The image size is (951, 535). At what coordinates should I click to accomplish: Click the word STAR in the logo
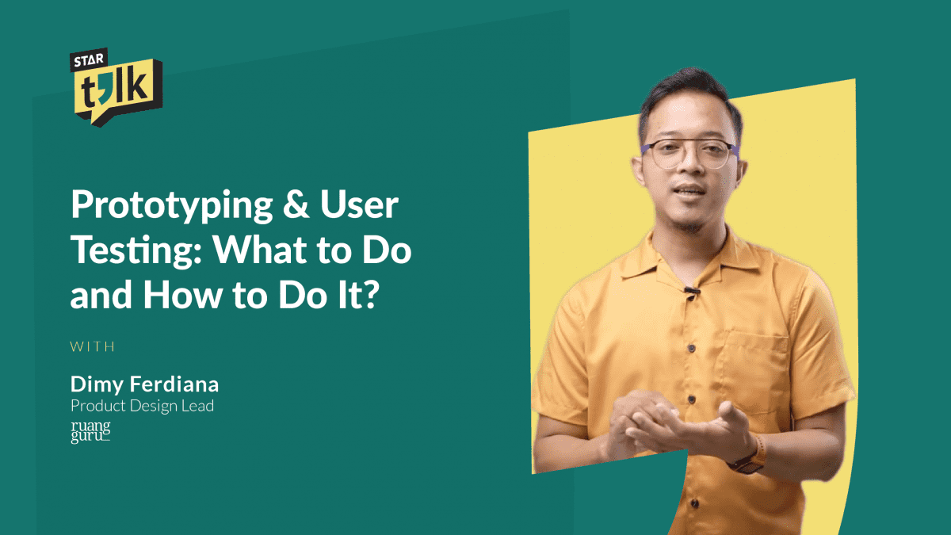click(89, 60)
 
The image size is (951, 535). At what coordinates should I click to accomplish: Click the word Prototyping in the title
click(171, 205)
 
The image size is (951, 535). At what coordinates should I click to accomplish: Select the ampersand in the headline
click(296, 204)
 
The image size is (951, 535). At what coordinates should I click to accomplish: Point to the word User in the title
click(359, 204)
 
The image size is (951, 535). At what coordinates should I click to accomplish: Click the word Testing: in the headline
click(136, 250)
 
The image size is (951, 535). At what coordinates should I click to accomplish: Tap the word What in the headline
click(261, 250)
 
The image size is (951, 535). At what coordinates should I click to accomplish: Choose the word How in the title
click(182, 295)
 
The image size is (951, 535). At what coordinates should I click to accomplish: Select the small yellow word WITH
click(92, 346)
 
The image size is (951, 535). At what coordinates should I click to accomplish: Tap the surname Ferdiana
click(174, 384)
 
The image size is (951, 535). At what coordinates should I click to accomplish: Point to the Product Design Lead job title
click(142, 406)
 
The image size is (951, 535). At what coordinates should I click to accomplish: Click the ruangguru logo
click(90, 432)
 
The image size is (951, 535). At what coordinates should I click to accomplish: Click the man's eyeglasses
click(690, 154)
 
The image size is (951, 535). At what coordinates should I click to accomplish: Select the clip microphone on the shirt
click(692, 292)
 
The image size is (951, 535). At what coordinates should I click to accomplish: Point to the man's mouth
click(689, 192)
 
